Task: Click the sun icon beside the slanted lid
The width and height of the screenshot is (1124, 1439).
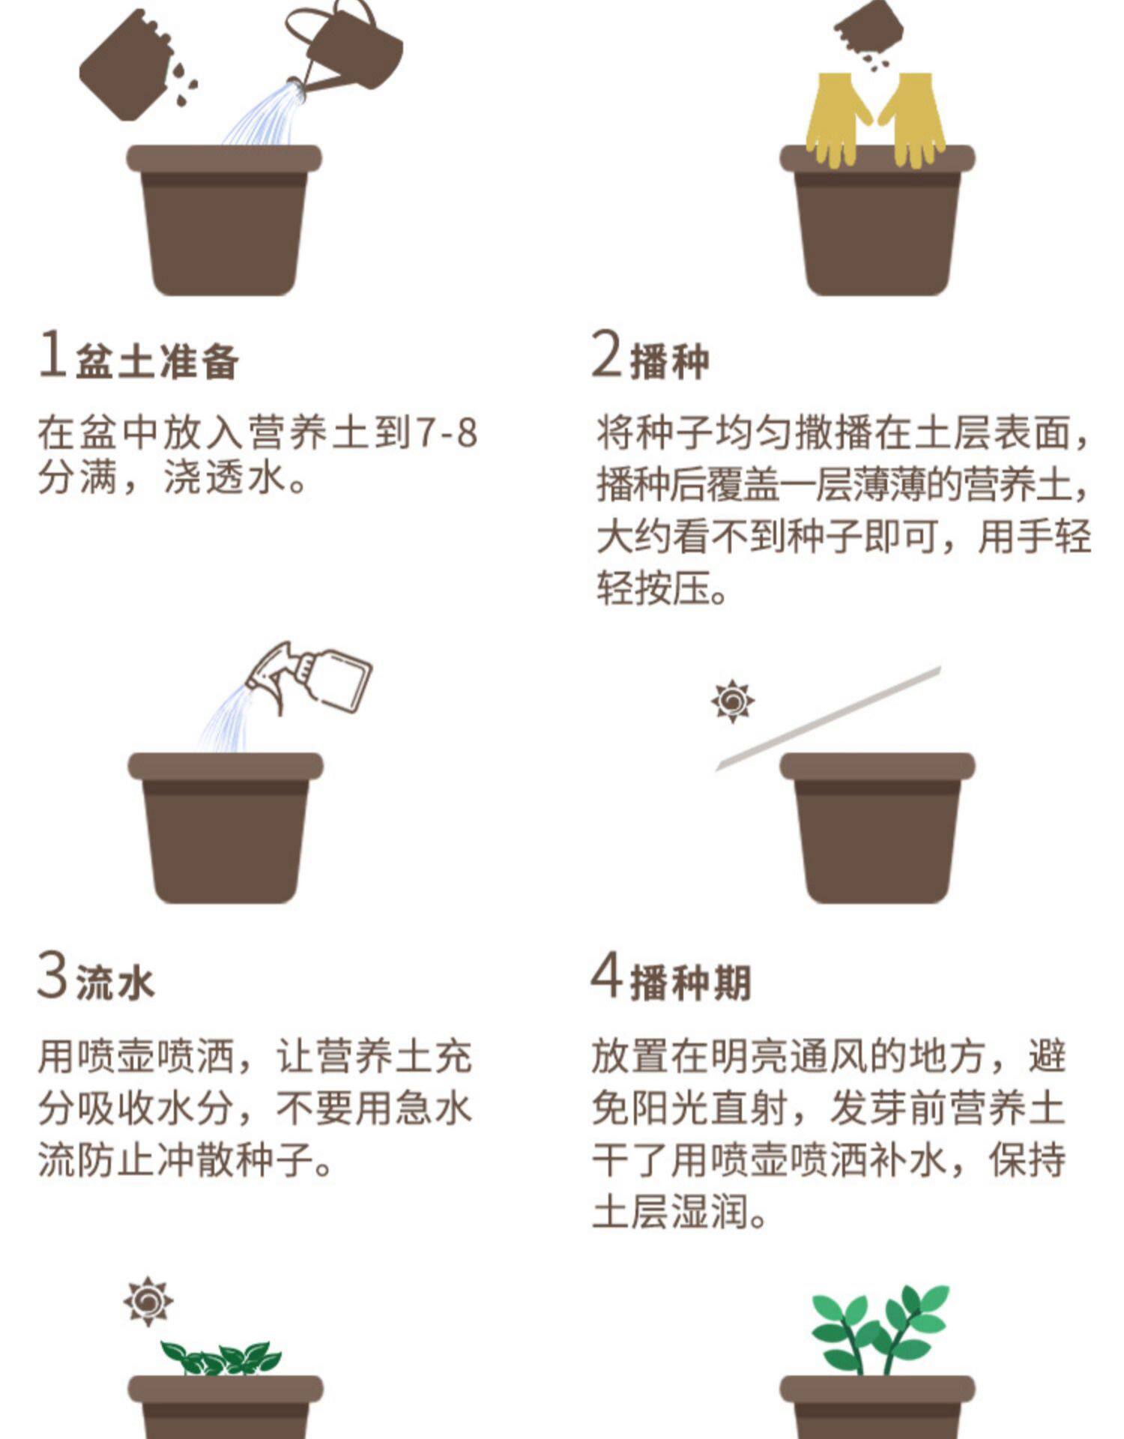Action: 733,702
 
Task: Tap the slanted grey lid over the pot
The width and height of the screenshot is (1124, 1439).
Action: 828,718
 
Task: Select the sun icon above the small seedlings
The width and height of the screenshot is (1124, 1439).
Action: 148,1301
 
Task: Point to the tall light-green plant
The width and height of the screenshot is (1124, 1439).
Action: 880,1330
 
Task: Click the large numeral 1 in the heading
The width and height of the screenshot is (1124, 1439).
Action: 52,353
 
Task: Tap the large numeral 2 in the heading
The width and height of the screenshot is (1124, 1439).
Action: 607,353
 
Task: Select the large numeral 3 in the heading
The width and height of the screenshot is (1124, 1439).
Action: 52,974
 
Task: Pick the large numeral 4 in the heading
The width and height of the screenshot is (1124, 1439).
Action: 607,974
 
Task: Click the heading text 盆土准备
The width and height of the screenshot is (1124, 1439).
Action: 157,361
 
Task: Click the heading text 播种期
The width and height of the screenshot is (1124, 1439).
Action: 691,983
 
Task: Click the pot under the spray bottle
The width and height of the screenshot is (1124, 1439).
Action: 226,827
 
